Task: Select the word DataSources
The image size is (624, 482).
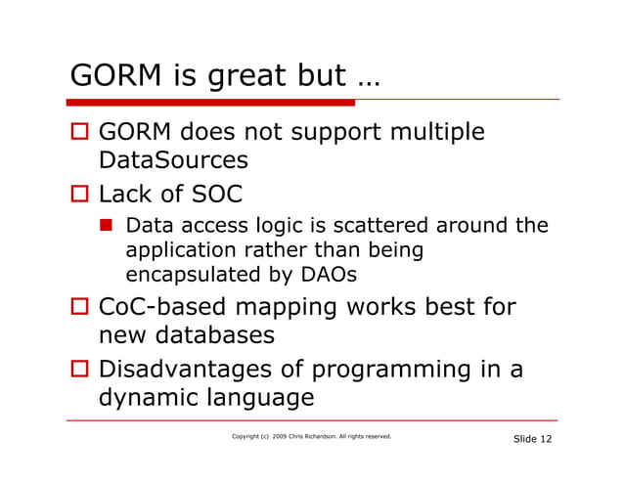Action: click(x=173, y=159)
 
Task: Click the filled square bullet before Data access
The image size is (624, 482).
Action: click(x=112, y=227)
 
